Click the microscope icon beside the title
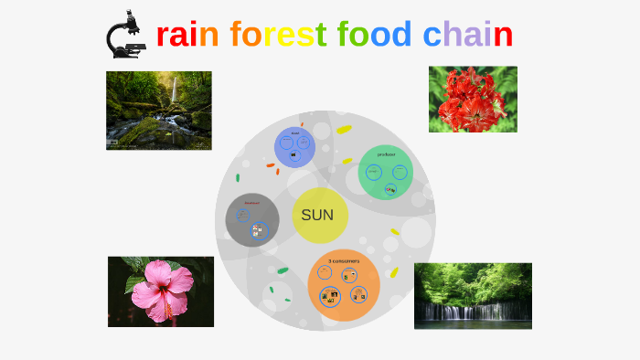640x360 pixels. pos(125,34)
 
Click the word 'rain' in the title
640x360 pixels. pos(187,35)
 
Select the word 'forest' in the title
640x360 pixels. pos(278,35)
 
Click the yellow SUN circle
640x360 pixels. pos(318,217)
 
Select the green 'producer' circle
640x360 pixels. pos(386,172)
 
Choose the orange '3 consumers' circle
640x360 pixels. pos(344,285)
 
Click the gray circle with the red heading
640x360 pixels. pos(252,219)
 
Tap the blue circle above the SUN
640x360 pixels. pos(295,147)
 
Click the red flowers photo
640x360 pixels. pos(473,99)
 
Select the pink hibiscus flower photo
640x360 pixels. pos(161,291)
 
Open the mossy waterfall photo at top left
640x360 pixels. pos(158,111)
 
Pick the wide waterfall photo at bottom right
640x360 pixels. pos(472,295)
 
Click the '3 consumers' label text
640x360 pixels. pos(344,260)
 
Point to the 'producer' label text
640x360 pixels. pos(386,154)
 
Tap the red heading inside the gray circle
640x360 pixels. pos(251,202)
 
